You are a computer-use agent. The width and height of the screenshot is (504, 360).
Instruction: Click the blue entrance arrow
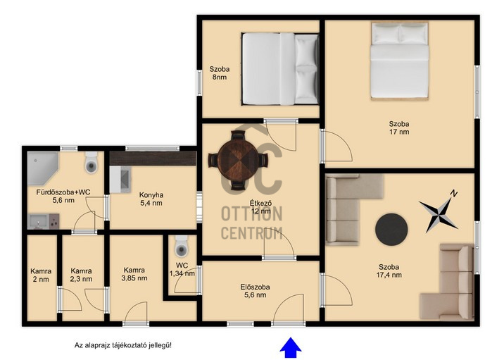[x=291, y=347]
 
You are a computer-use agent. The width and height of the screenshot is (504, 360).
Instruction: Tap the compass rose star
[x=438, y=213]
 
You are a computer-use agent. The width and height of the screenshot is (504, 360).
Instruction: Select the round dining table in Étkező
[x=238, y=160]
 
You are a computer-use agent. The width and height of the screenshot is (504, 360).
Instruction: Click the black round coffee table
[x=391, y=230]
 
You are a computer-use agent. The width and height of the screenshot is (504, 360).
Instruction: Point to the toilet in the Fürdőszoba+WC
[x=92, y=163]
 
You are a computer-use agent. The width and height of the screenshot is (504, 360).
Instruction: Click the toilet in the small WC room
[x=182, y=246]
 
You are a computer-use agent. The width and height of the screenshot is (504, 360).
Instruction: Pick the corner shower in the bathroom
[x=42, y=168]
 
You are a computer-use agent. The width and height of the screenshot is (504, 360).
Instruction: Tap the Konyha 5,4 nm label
[x=151, y=199]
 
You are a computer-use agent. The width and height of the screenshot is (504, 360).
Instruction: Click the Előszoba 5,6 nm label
[x=256, y=291]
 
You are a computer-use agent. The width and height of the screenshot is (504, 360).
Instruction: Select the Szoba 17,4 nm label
[x=389, y=271]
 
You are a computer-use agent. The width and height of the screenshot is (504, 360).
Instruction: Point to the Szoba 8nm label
[x=220, y=73]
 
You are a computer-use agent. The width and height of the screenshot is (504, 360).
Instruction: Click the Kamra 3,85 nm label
[x=134, y=274]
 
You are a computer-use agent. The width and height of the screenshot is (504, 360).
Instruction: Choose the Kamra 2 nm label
[x=41, y=275]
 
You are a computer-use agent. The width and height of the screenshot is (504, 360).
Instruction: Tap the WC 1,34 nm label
[x=182, y=270]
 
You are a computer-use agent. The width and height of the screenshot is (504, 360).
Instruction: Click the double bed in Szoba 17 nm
[x=400, y=61]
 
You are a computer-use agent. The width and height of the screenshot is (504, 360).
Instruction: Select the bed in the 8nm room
[x=280, y=69]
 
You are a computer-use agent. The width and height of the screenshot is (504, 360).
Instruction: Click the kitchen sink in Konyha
[x=120, y=179]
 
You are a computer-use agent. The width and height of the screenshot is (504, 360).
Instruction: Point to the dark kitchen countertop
[x=153, y=159]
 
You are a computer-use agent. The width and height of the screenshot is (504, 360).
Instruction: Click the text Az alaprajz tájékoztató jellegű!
[x=123, y=345]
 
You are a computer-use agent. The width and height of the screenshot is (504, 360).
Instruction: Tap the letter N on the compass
[x=453, y=193]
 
